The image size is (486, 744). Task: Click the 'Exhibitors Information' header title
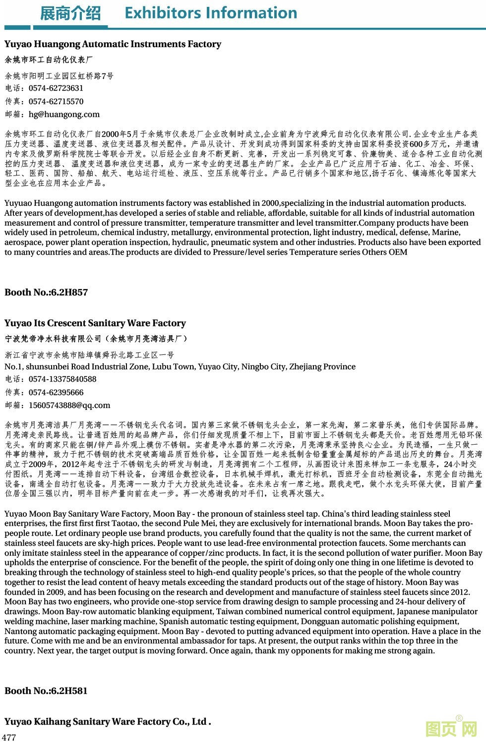(x=211, y=13)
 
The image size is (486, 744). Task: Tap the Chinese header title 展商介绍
(x=70, y=13)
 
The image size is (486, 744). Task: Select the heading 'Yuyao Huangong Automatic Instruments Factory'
(x=113, y=44)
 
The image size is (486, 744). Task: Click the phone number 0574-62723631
(x=56, y=88)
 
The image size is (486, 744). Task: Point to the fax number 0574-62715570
(x=56, y=102)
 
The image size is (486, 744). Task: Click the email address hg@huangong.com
(x=64, y=114)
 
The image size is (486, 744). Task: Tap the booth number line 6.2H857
(x=46, y=292)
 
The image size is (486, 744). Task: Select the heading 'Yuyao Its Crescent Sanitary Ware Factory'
(x=95, y=323)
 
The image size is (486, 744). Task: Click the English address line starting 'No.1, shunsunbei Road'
(x=180, y=367)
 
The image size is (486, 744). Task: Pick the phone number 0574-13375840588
(x=62, y=379)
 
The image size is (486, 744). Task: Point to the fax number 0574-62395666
(x=56, y=393)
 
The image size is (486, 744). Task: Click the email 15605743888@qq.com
(x=69, y=405)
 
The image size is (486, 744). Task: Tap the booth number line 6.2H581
(x=46, y=691)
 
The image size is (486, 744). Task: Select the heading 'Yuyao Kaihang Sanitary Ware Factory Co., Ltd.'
(x=108, y=722)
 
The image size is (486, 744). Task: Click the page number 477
(x=9, y=737)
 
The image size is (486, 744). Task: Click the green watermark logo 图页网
(x=451, y=728)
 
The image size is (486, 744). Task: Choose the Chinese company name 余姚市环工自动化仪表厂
(x=49, y=60)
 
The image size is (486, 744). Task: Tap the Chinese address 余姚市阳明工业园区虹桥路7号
(x=59, y=76)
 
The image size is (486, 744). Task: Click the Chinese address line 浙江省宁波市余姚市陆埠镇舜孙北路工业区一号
(x=89, y=355)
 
